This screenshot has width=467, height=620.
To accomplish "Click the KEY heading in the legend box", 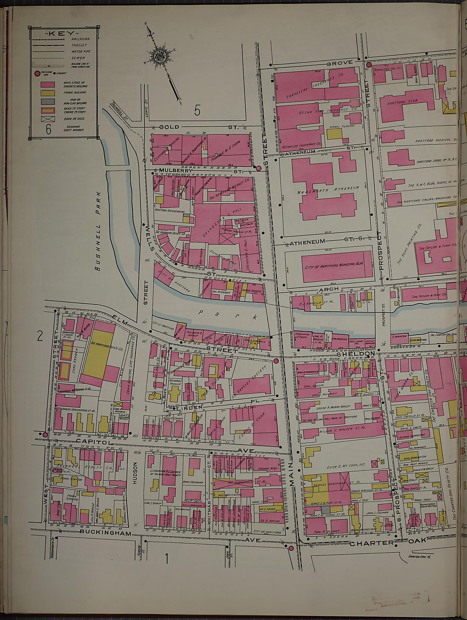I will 62,33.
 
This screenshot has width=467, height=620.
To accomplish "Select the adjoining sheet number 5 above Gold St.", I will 197,110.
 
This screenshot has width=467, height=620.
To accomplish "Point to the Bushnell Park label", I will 98,231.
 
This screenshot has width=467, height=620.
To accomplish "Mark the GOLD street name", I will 169,127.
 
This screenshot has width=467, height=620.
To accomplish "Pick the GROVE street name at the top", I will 339,63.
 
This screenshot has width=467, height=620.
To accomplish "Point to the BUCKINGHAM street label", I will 105,532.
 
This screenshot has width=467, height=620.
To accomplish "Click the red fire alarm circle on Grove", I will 369,65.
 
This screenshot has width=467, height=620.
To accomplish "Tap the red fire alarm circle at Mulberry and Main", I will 258,169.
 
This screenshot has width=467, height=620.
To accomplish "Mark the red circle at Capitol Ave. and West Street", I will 45,434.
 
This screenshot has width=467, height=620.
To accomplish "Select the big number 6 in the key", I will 48,129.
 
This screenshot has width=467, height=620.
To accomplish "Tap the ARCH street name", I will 329,289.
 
